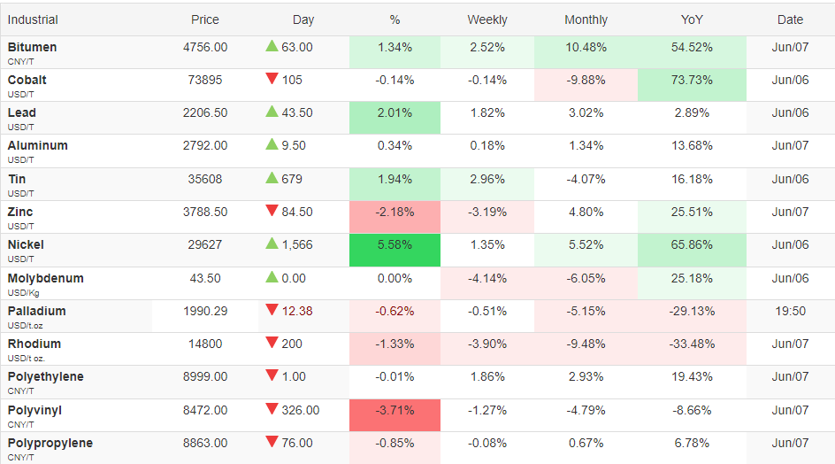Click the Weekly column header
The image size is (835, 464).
pyautogui.click(x=486, y=19)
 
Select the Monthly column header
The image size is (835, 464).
pyautogui.click(x=586, y=19)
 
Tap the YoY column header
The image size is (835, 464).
pyautogui.click(x=692, y=19)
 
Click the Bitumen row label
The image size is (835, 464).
pyautogui.click(x=32, y=47)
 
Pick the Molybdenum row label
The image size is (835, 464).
pyautogui.click(x=45, y=278)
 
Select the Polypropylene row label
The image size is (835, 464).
pyautogui.click(x=50, y=443)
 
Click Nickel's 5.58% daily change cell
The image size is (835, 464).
pyautogui.click(x=395, y=250)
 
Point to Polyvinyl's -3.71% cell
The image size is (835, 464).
pyautogui.click(x=395, y=415)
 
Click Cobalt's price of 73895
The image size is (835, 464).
pyautogui.click(x=205, y=80)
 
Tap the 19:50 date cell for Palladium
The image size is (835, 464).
pyautogui.click(x=790, y=311)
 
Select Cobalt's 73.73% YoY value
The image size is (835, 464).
pyautogui.click(x=692, y=80)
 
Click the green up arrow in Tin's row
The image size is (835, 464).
pyautogui.click(x=272, y=178)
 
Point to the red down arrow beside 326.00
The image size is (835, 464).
pyautogui.click(x=272, y=409)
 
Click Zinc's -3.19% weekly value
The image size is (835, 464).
pyautogui.click(x=486, y=212)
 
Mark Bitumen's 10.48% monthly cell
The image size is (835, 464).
pyautogui.click(x=586, y=52)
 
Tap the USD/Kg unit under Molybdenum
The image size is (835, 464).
pyautogui.click(x=23, y=293)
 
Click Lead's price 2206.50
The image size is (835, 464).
pyautogui.click(x=205, y=112)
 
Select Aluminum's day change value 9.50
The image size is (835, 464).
pyautogui.click(x=294, y=145)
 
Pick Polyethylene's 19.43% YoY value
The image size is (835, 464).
pyautogui.click(x=692, y=376)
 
